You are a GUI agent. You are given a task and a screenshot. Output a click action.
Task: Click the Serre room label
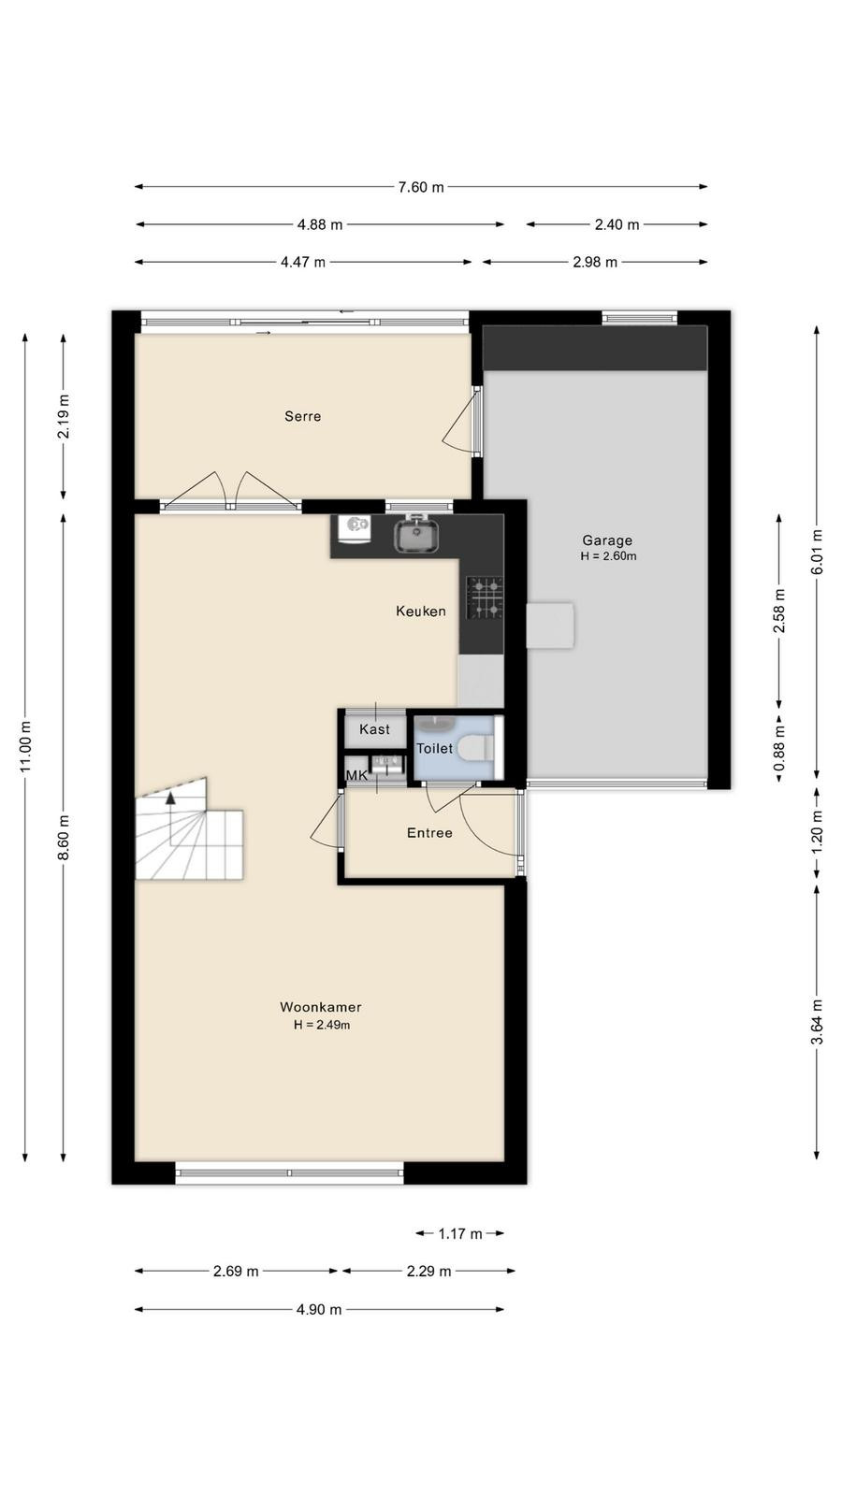(303, 416)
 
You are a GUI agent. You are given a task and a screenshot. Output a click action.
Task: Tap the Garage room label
(607, 540)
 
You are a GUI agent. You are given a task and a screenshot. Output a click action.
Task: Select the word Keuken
(421, 611)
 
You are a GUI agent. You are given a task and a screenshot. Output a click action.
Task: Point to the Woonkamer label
(321, 1006)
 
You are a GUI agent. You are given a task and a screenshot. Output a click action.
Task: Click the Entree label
(429, 833)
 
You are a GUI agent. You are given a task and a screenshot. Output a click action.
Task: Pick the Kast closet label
(374, 729)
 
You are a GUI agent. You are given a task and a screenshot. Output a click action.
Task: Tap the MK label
(356, 775)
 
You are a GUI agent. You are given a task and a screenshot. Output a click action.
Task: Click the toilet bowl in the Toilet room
(480, 747)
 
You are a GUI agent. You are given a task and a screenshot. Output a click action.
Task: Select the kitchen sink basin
(415, 537)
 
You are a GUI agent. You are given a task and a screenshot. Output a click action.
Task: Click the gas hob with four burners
(485, 597)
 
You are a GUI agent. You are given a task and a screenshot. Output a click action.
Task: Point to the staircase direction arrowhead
(171, 796)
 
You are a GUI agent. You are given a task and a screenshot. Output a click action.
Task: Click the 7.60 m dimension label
(421, 187)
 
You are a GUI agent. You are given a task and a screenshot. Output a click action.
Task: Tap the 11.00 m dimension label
(25, 747)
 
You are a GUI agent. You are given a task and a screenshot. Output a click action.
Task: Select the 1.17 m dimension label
(459, 1233)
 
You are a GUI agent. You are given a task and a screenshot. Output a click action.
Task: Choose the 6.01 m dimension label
(817, 552)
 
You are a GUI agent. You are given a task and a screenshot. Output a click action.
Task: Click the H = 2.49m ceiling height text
(322, 1025)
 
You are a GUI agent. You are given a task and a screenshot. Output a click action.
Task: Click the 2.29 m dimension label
(428, 1271)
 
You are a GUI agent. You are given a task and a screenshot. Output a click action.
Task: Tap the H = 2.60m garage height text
(608, 555)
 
